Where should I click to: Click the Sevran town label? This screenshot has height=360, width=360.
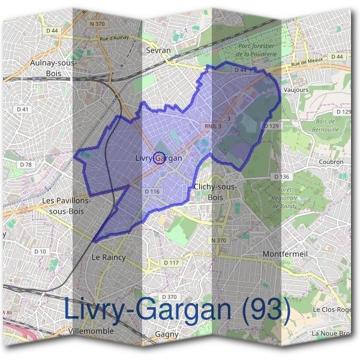pos(159,51)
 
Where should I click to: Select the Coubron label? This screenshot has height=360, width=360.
pos(331,161)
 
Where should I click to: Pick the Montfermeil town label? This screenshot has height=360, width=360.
pos(285,254)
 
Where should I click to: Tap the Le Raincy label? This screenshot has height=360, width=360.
pos(108,257)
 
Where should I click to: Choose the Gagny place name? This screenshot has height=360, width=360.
pos(167,334)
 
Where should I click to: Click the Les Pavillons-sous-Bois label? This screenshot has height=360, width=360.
pos(67,206)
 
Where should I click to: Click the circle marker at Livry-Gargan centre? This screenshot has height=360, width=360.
pos(159,158)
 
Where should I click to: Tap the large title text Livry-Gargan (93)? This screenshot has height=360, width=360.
pos(177,310)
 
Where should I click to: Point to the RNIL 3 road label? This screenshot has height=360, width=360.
pos(212,126)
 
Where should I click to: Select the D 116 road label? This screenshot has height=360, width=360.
pos(152,191)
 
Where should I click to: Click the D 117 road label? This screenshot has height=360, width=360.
pos(172,263)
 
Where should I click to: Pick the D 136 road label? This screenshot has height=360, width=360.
pos(281,177)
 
